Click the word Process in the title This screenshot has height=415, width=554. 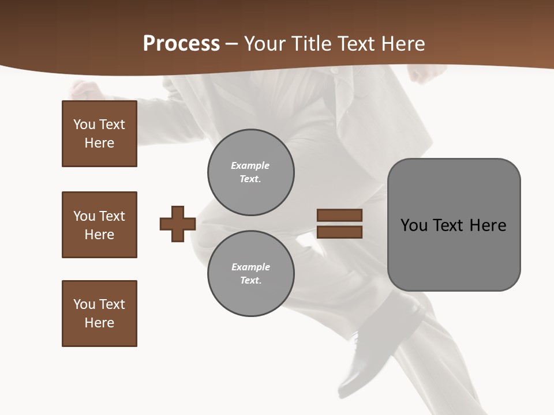pos(181,44)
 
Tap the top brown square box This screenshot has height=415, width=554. pos(99,134)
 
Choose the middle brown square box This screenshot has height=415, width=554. pos(99,225)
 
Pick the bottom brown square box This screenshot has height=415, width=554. pos(99,313)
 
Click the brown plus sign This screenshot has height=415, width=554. pos(178,224)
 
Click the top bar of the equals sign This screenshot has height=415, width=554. pos(339,215)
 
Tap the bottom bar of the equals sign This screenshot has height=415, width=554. pos(339,232)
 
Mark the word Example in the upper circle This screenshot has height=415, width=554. pos(250,165)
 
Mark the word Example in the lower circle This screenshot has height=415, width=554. pos(250,267)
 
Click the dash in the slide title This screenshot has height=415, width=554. pos(231,44)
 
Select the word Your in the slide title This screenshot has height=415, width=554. pos(263,44)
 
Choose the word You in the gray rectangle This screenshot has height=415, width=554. pos(414,225)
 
